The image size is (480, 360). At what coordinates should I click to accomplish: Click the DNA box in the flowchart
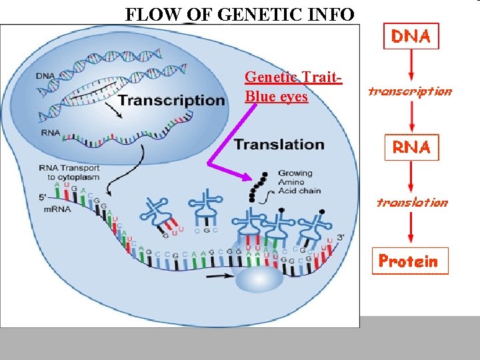(x=411, y=37)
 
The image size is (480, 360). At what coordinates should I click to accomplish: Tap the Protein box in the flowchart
(x=410, y=261)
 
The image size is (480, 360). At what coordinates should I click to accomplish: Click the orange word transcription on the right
(x=410, y=92)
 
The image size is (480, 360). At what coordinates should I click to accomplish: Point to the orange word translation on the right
(x=411, y=202)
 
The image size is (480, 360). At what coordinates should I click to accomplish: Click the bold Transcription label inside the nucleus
(x=171, y=101)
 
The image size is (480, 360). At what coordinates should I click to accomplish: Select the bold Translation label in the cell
(x=279, y=145)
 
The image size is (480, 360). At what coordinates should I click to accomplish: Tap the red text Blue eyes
(x=276, y=97)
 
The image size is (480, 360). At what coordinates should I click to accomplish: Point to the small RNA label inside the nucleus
(x=50, y=133)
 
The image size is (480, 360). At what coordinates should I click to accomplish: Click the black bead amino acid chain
(x=258, y=185)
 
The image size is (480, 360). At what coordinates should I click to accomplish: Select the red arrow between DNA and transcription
(x=411, y=67)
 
